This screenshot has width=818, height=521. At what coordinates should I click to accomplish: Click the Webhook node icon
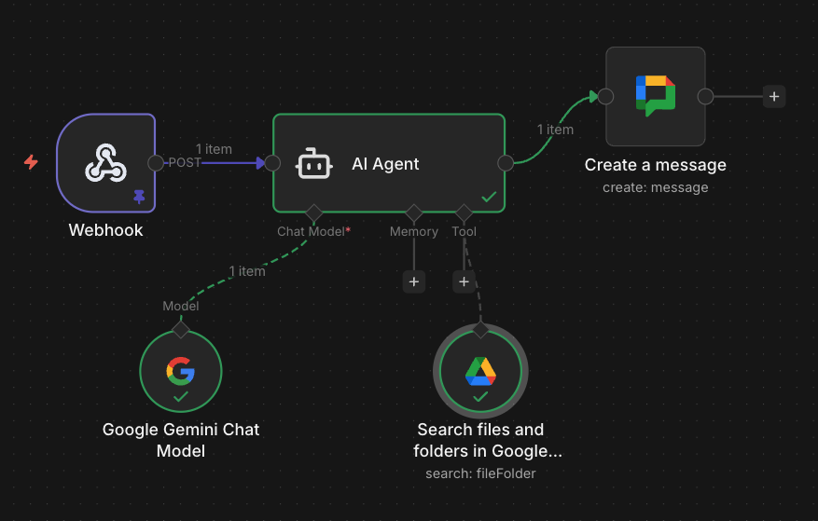point(105,164)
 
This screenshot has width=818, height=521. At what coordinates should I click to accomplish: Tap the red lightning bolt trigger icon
point(32,162)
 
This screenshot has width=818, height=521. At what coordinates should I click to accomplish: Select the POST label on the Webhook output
point(183,162)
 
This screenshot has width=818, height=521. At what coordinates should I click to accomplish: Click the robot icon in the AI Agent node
point(312,164)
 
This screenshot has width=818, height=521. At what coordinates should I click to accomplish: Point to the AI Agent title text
point(385,164)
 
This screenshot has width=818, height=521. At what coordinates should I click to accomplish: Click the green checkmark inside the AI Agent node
point(488,197)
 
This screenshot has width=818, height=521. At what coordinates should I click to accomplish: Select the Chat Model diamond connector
point(313,213)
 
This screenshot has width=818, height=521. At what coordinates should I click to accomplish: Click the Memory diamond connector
point(413,213)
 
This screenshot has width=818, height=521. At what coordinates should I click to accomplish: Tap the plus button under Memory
point(414,281)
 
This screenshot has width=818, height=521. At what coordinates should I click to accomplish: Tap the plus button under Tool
point(464,281)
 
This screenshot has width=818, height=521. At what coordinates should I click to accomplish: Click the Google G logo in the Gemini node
point(180,370)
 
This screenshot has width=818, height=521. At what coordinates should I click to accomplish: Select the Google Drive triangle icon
point(480,371)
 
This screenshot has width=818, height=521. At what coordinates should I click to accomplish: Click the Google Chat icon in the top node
point(655,95)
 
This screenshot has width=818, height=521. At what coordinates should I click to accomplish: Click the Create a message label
point(655,165)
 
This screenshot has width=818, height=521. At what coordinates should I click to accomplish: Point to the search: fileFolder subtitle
point(480,473)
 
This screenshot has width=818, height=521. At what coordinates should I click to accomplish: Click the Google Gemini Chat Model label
point(181,440)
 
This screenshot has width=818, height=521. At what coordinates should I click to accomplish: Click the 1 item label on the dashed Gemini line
point(246,271)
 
